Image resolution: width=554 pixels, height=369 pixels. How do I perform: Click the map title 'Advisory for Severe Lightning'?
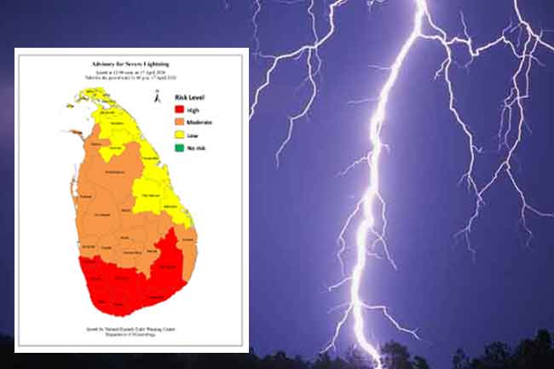coord(131,64)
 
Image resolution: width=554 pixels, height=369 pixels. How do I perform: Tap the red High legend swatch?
coord(179,110)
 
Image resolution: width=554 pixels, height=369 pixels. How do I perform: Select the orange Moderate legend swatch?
coord(179,124)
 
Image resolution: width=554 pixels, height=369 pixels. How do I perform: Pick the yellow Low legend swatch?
coord(179,136)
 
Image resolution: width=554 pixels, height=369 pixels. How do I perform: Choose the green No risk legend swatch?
coord(179,149)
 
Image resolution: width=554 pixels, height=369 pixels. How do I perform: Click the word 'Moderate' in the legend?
coord(199,124)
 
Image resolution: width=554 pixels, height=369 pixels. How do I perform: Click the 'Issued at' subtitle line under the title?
coord(131,73)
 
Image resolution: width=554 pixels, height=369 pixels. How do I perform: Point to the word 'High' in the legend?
coord(193,110)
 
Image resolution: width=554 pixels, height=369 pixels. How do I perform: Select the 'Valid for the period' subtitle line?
coord(131,79)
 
